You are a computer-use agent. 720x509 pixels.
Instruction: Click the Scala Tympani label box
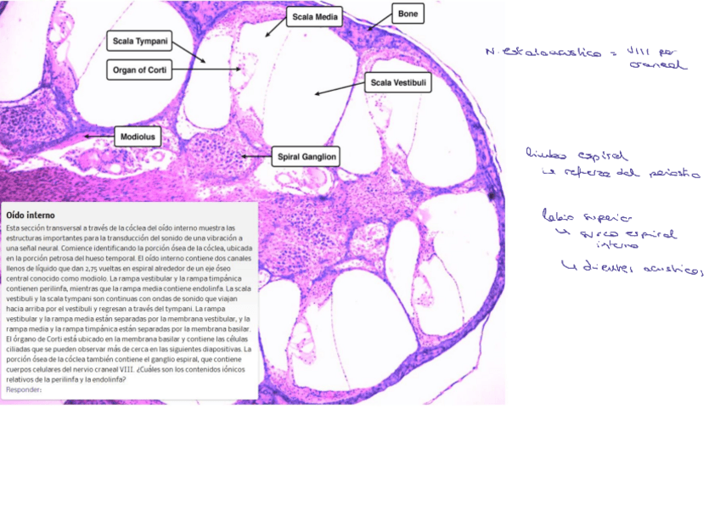pos(141,41)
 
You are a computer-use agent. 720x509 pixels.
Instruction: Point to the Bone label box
pos(408,14)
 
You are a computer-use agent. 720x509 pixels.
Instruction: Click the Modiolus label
pos(140,135)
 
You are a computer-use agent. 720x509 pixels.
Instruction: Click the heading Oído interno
pos(30,215)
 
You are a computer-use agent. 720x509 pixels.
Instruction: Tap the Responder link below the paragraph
pos(24,390)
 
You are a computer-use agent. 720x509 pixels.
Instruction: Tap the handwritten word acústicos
pos(675,271)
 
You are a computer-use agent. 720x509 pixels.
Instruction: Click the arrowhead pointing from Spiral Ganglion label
pos(244,156)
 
